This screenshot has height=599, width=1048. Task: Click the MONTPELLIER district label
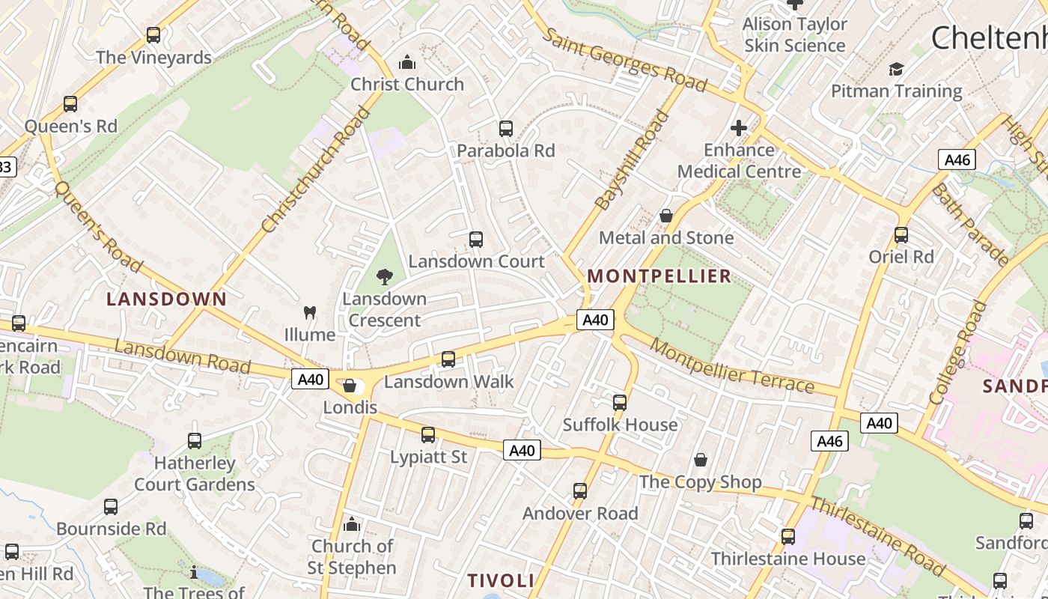(659, 276)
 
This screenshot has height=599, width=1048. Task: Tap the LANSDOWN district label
(166, 299)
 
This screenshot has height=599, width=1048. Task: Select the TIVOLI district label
(501, 580)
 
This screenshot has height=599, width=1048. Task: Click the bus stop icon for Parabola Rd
(506, 129)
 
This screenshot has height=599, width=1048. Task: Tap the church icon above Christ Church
(407, 62)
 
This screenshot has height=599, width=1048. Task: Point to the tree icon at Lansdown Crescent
(385, 277)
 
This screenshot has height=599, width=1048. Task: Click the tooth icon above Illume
(309, 312)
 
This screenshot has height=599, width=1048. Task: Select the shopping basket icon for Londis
(350, 386)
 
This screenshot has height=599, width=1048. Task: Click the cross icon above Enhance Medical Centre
(739, 128)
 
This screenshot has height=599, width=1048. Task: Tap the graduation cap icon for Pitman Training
(896, 70)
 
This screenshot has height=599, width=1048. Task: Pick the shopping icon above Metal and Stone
(666, 216)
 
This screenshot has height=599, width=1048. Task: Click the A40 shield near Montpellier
(596, 320)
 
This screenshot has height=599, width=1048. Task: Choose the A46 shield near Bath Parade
(957, 159)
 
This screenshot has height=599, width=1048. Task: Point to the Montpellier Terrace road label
(731, 365)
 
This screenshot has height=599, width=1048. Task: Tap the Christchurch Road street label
(317, 169)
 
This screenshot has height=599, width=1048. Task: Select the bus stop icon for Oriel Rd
(901, 235)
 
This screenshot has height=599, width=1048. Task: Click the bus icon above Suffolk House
(620, 403)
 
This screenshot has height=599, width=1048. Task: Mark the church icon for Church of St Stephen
(352, 524)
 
